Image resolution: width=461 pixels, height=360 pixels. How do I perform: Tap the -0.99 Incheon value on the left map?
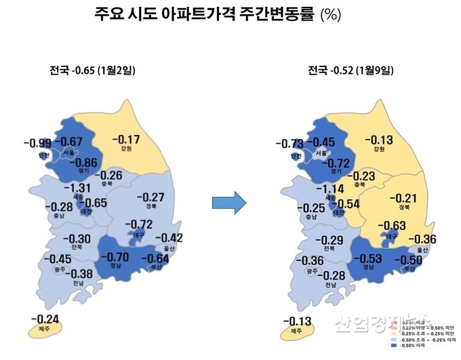pyautogui.click(x=37, y=143)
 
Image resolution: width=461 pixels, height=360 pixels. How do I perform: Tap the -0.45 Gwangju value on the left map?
pyautogui.click(x=58, y=259)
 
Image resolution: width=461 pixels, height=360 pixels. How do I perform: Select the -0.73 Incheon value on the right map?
pyautogui.click(x=290, y=144)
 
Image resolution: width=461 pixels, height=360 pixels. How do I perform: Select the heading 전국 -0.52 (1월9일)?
pyautogui.click(x=351, y=70)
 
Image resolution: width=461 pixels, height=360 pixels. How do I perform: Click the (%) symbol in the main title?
pyautogui.click(x=331, y=15)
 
